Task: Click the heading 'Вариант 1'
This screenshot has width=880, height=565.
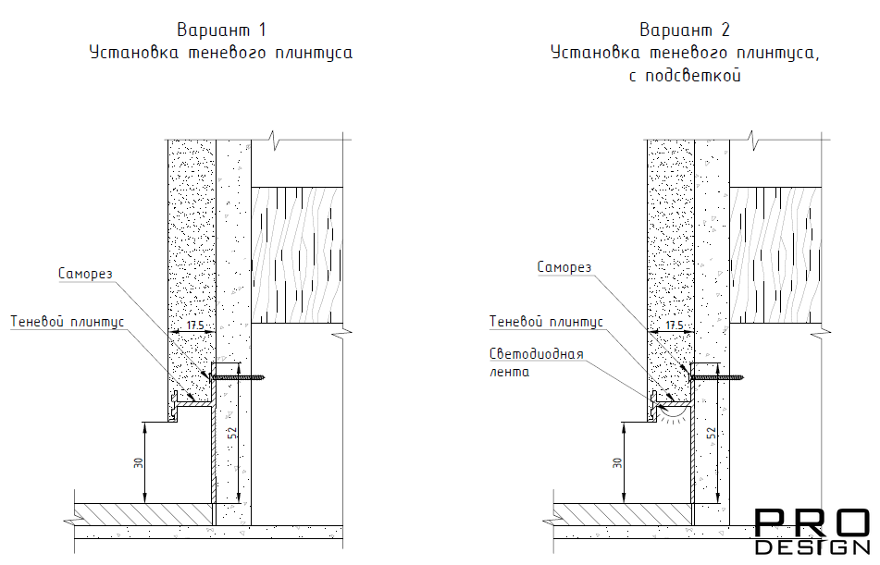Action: click(x=220, y=31)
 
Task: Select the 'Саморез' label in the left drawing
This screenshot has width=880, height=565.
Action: click(x=85, y=273)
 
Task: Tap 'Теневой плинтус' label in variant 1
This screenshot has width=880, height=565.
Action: click(x=67, y=321)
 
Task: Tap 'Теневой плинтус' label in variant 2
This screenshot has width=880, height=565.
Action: click(x=546, y=321)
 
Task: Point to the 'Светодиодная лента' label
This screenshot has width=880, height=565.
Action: click(x=536, y=362)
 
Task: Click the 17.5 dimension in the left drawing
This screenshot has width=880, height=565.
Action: click(x=194, y=325)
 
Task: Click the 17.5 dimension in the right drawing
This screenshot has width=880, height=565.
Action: click(x=674, y=325)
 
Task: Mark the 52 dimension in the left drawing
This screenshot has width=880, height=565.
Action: click(x=231, y=433)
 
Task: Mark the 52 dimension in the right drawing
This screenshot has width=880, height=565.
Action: click(x=711, y=433)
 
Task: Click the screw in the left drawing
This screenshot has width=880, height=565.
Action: click(x=239, y=376)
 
